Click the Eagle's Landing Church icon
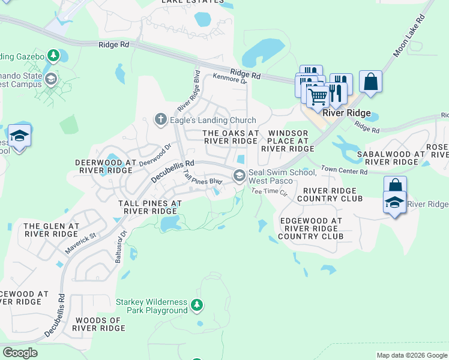coord(160,120)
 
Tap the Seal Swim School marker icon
coord(240,175)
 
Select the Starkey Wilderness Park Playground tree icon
coord(196,306)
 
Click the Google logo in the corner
coord(20,353)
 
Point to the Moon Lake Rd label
coord(409,37)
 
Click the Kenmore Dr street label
coord(230,78)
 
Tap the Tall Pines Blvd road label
coord(202,177)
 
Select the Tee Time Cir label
coord(270,191)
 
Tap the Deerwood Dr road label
coord(155,154)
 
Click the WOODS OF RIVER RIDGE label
coord(98,323)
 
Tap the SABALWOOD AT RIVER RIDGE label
coord(391,158)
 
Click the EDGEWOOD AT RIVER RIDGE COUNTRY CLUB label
coord(311,229)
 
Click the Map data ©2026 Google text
coord(412,355)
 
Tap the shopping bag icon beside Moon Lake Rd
coord(371,81)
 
